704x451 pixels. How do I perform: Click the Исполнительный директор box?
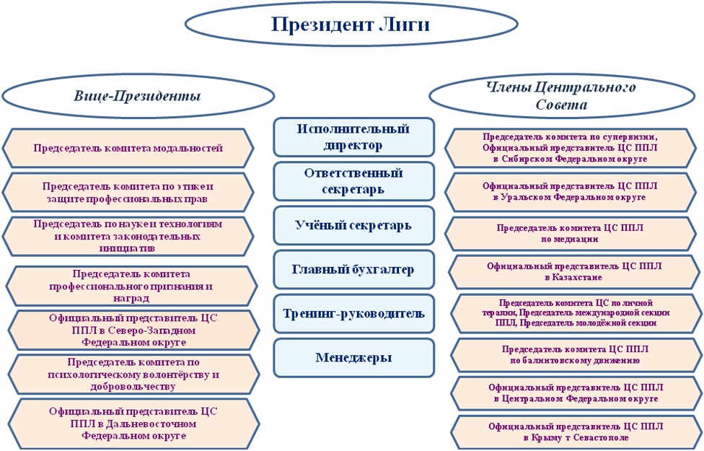(x=353, y=137)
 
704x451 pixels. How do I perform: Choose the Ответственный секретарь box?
(x=353, y=181)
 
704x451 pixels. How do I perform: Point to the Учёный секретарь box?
(x=353, y=226)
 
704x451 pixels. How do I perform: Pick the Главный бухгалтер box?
(x=353, y=270)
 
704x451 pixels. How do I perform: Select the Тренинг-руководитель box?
(x=353, y=314)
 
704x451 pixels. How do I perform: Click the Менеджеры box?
(x=353, y=358)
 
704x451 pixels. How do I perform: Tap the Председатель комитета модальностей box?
(x=128, y=149)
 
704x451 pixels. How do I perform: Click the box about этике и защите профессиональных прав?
(x=128, y=191)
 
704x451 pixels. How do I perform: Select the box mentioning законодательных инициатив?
(x=128, y=236)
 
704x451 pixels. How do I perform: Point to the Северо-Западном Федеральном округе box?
(x=132, y=330)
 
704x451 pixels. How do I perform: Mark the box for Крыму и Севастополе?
(x=575, y=432)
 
